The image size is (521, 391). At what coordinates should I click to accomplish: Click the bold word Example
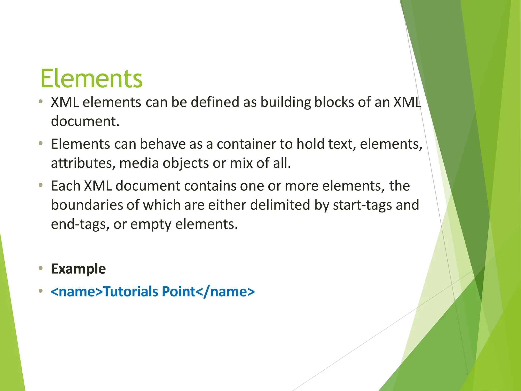tap(78, 269)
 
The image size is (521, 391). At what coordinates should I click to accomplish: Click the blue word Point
tap(178, 292)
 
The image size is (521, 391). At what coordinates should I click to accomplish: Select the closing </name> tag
tap(225, 292)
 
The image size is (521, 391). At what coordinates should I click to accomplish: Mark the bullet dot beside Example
tap(40, 268)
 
